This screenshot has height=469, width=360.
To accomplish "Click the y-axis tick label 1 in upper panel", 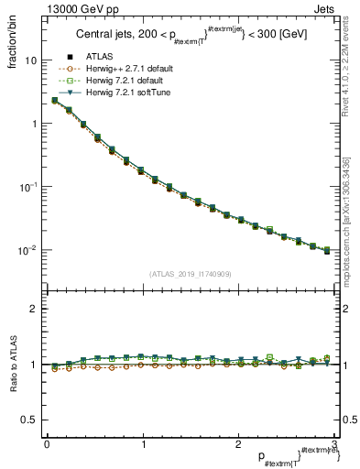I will [34, 123].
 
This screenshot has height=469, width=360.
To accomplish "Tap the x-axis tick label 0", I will [46, 445].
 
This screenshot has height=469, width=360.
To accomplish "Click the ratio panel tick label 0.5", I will [29, 420].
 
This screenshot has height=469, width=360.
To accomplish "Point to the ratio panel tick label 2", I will [34, 309].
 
